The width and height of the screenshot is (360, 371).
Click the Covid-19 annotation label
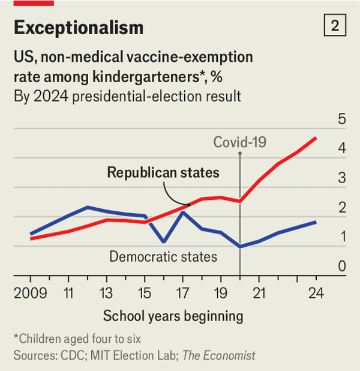[x=240, y=142]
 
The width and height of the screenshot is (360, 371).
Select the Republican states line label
[x=163, y=173]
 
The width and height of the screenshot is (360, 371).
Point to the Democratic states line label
[x=163, y=257]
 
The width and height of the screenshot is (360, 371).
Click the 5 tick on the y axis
[x=342, y=119]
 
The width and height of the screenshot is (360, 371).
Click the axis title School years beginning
[x=173, y=316]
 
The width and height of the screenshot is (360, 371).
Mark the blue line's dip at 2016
[x=164, y=242]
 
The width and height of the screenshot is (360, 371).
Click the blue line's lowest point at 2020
[x=240, y=246]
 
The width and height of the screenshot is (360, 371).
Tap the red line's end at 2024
[x=316, y=138]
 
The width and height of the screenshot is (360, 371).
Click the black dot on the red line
[x=188, y=205]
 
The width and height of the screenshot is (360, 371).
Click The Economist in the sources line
[x=219, y=355]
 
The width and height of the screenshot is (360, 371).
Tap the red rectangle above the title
[x=33, y=3]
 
